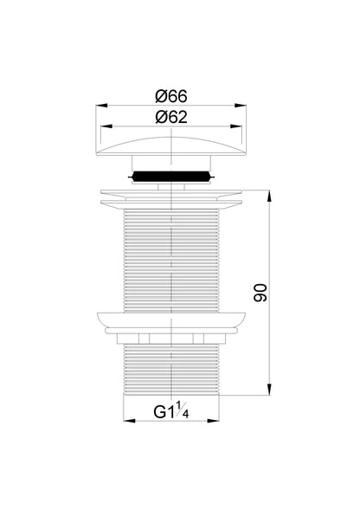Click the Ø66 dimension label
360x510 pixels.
click(x=171, y=97)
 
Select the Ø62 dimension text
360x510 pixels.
click(x=171, y=117)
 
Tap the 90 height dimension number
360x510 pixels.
click(x=260, y=293)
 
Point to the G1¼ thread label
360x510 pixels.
click(x=171, y=410)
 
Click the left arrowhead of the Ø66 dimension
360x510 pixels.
click(x=101, y=105)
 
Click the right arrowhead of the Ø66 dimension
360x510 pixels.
click(x=241, y=105)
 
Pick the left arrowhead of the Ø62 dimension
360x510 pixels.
click(x=106, y=126)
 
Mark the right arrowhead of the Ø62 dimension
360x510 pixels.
click(x=236, y=126)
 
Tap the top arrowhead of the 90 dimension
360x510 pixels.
click(x=269, y=197)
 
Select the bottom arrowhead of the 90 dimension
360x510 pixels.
click(x=269, y=390)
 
